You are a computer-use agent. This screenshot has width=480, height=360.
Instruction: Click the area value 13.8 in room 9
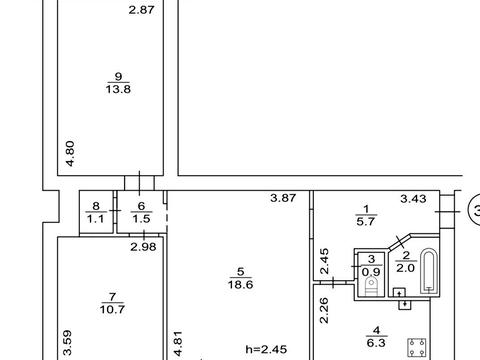click(118, 89)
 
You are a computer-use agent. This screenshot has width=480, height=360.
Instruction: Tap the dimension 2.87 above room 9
click(142, 10)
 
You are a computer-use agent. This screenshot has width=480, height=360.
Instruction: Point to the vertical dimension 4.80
click(70, 154)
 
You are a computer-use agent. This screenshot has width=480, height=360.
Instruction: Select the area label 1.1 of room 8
click(96, 219)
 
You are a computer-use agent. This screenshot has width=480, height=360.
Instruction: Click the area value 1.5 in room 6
click(141, 219)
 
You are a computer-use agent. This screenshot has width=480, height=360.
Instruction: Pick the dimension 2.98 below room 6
click(143, 247)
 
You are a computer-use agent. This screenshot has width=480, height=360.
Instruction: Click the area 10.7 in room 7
click(112, 309)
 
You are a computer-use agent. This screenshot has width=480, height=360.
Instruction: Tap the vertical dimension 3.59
click(67, 343)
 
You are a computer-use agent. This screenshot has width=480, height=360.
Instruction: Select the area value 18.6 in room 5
click(240, 285)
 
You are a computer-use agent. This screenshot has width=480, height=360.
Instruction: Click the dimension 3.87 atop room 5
click(283, 198)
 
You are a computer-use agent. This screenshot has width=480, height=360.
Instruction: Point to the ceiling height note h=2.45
click(266, 349)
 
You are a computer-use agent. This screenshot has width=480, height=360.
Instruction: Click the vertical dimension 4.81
click(178, 344)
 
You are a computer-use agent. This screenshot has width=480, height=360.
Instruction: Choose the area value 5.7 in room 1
click(366, 221)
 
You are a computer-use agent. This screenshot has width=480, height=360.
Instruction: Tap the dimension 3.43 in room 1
click(413, 199)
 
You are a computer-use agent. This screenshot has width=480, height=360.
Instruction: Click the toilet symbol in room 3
click(371, 287)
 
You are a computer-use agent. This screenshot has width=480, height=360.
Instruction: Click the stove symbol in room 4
click(417, 348)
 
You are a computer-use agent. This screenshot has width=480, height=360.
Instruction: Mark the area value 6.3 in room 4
click(376, 343)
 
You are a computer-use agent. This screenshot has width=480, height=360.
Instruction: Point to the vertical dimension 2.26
click(324, 310)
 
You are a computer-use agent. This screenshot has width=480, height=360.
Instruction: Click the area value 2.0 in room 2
click(405, 268)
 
